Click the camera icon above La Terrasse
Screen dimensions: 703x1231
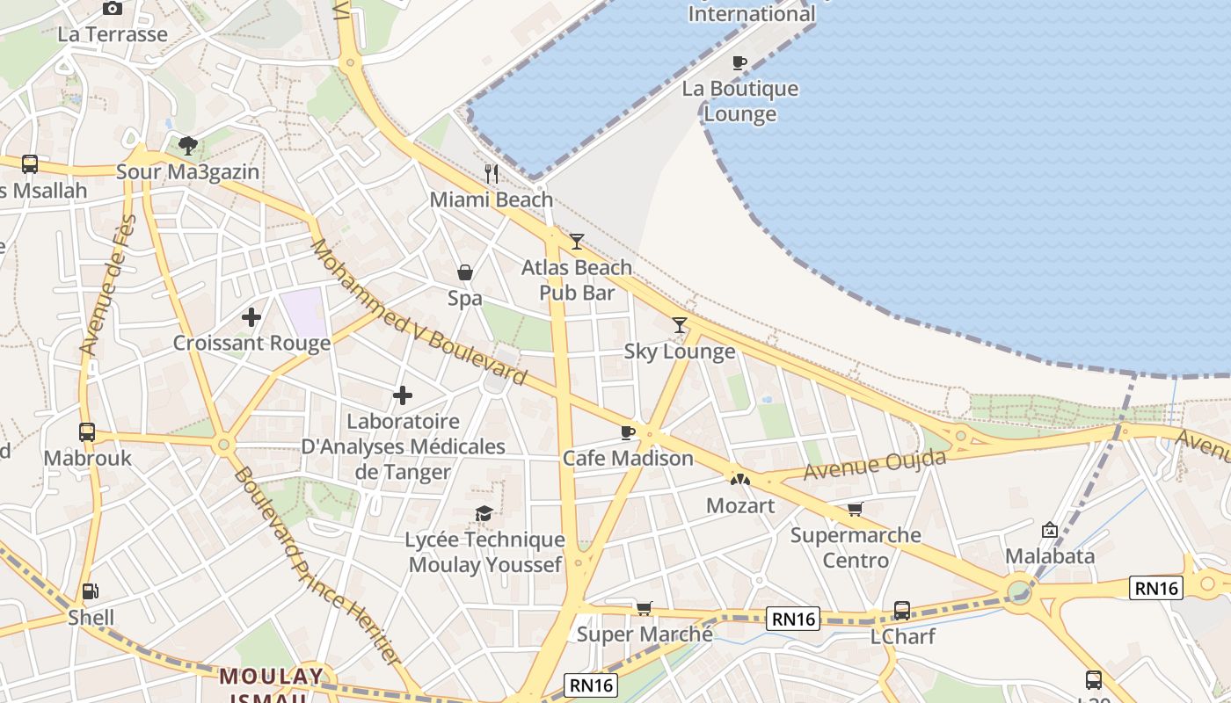click(113, 9)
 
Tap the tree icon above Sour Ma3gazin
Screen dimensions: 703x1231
click(187, 145)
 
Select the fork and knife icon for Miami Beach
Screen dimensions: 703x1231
click(492, 174)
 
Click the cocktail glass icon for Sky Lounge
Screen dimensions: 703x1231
click(680, 325)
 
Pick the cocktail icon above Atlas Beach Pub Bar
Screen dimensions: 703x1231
click(577, 241)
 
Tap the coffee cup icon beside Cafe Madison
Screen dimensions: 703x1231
click(627, 432)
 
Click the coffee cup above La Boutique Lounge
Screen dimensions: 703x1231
click(739, 62)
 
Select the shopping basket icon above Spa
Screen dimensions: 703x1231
click(465, 272)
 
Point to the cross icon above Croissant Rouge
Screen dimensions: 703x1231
click(251, 316)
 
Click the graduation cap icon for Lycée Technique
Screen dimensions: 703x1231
click(484, 513)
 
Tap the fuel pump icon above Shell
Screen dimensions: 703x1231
click(90, 591)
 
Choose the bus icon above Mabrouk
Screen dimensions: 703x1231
click(87, 431)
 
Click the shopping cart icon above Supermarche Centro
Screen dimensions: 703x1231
click(855, 509)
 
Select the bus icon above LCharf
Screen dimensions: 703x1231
click(902, 610)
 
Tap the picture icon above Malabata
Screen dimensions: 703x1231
click(1049, 530)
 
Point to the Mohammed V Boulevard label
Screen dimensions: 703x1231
click(418, 313)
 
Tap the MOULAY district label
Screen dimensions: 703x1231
click(271, 677)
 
